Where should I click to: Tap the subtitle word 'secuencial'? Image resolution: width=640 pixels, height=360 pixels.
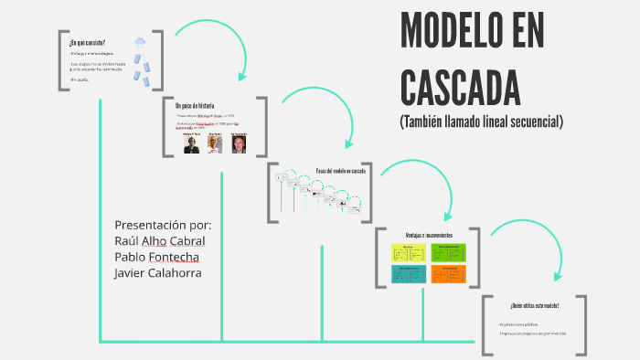tap(529, 121)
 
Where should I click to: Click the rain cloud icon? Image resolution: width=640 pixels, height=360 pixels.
tap(139, 43)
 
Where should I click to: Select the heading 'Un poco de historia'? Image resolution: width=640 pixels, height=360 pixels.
tap(195, 106)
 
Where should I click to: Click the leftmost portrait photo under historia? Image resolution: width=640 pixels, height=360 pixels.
tap(191, 144)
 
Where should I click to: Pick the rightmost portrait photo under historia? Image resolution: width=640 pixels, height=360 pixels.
tap(239, 144)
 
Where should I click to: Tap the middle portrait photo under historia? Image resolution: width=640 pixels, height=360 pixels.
tap(215, 144)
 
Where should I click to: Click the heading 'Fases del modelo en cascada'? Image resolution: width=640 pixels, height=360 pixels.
tap(341, 172)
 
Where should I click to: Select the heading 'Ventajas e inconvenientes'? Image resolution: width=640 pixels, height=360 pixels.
tap(429, 235)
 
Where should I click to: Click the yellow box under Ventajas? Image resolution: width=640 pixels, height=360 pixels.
tap(408, 253)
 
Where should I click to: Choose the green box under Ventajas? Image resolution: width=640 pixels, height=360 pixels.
tap(448, 253)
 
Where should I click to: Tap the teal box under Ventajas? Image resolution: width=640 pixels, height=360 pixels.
tap(408, 274)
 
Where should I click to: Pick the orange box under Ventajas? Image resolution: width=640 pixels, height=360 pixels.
tap(448, 274)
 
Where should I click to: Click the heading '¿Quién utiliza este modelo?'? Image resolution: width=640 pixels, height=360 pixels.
tap(535, 305)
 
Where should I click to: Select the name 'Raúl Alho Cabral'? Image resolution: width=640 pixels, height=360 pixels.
tap(160, 240)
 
